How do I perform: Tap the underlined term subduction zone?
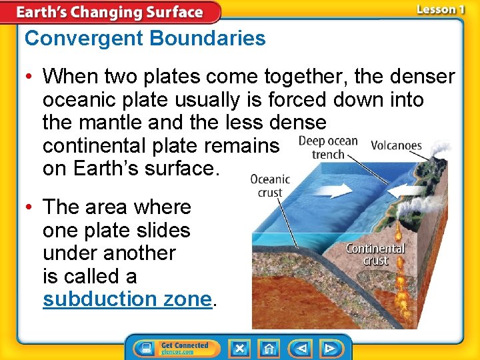127,299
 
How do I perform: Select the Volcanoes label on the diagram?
395,145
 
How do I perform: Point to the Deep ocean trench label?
329,148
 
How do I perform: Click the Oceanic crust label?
270,185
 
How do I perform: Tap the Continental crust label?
375,254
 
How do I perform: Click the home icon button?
269,348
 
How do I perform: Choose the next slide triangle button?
329,348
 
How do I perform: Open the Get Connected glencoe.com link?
185,348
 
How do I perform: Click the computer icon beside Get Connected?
145,348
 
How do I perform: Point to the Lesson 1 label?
440,9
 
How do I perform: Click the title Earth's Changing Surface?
109,12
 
